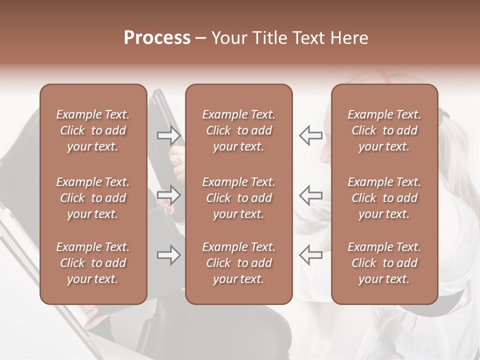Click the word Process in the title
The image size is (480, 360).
[157, 38]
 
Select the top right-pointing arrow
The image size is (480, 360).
[168, 135]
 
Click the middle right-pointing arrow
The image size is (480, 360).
[168, 195]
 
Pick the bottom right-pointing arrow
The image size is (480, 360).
[168, 255]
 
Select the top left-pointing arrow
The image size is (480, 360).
[310, 135]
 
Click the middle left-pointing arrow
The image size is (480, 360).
[310, 195]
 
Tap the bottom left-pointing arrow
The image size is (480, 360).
[310, 255]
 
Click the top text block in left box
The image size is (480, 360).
[93, 130]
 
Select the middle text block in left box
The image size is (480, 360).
[93, 198]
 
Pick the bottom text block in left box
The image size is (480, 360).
[93, 263]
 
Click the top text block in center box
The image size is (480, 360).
[238, 130]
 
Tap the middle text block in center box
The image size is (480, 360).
[238, 198]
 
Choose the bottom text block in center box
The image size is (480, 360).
[238, 263]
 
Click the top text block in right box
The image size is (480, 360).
[384, 130]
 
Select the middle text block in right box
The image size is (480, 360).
[384, 198]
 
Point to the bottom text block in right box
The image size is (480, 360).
[384, 263]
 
